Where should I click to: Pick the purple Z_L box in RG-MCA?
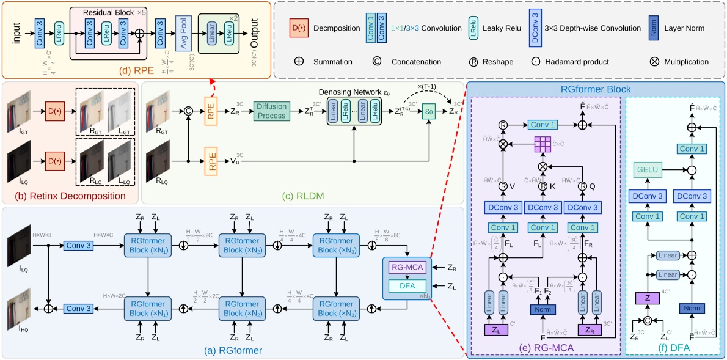[x=497, y=331]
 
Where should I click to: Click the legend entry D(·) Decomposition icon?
[x=299, y=28]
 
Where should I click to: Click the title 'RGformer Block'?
[x=595, y=89]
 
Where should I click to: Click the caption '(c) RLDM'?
[x=299, y=197]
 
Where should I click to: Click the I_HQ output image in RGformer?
[x=19, y=309]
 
